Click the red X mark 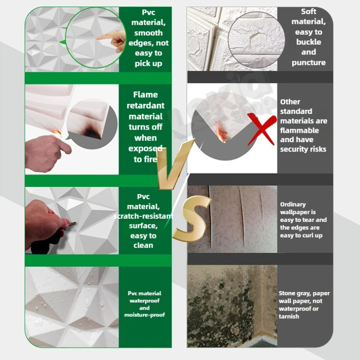(x=262, y=129)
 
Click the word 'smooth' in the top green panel (x=148, y=33)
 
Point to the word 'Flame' (x=145, y=94)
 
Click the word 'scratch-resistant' (x=143, y=216)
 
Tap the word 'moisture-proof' (x=144, y=315)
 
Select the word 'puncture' (x=309, y=63)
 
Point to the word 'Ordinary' (x=293, y=204)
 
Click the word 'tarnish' (x=289, y=316)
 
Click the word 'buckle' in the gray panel (x=309, y=42)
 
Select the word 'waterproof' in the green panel (x=144, y=301)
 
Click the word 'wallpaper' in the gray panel (x=298, y=212)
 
